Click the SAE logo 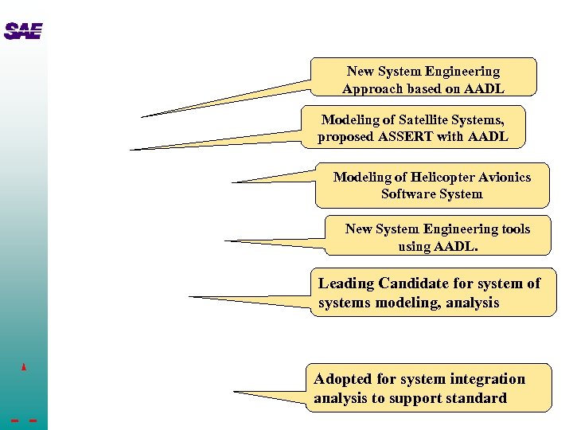pyautogui.click(x=22, y=32)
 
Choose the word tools pyautogui.click(x=515, y=229)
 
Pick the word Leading pyautogui.click(x=346, y=283)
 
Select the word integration pyautogui.click(x=486, y=379)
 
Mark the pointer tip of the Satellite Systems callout pyautogui.click(x=131, y=150)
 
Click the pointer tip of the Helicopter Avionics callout pyautogui.click(x=232, y=182)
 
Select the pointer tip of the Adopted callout pyautogui.click(x=235, y=392)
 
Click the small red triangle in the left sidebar pyautogui.click(x=25, y=367)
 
